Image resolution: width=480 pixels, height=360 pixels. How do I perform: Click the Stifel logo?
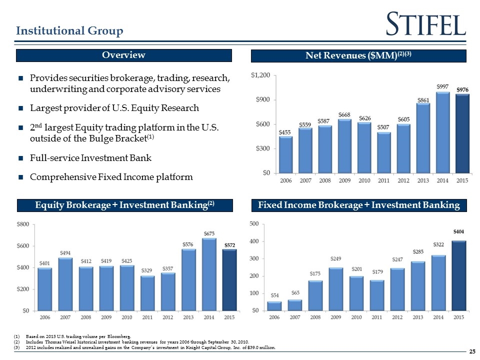[x=426, y=23]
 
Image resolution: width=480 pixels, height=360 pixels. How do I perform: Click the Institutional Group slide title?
[x=69, y=31]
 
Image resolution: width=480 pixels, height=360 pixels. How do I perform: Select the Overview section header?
[x=124, y=55]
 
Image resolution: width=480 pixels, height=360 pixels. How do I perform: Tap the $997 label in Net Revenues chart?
[x=442, y=86]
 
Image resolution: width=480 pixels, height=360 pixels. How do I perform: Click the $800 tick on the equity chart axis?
[x=23, y=224]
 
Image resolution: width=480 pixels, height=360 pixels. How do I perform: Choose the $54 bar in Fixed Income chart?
[x=274, y=305]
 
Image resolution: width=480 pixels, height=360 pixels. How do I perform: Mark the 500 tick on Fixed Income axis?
[x=254, y=224]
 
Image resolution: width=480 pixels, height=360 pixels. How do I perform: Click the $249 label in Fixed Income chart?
[x=336, y=259]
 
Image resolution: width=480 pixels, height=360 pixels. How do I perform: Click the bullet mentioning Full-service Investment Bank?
[x=90, y=158]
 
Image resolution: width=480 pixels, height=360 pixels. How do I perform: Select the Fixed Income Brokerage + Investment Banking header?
[x=359, y=205]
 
